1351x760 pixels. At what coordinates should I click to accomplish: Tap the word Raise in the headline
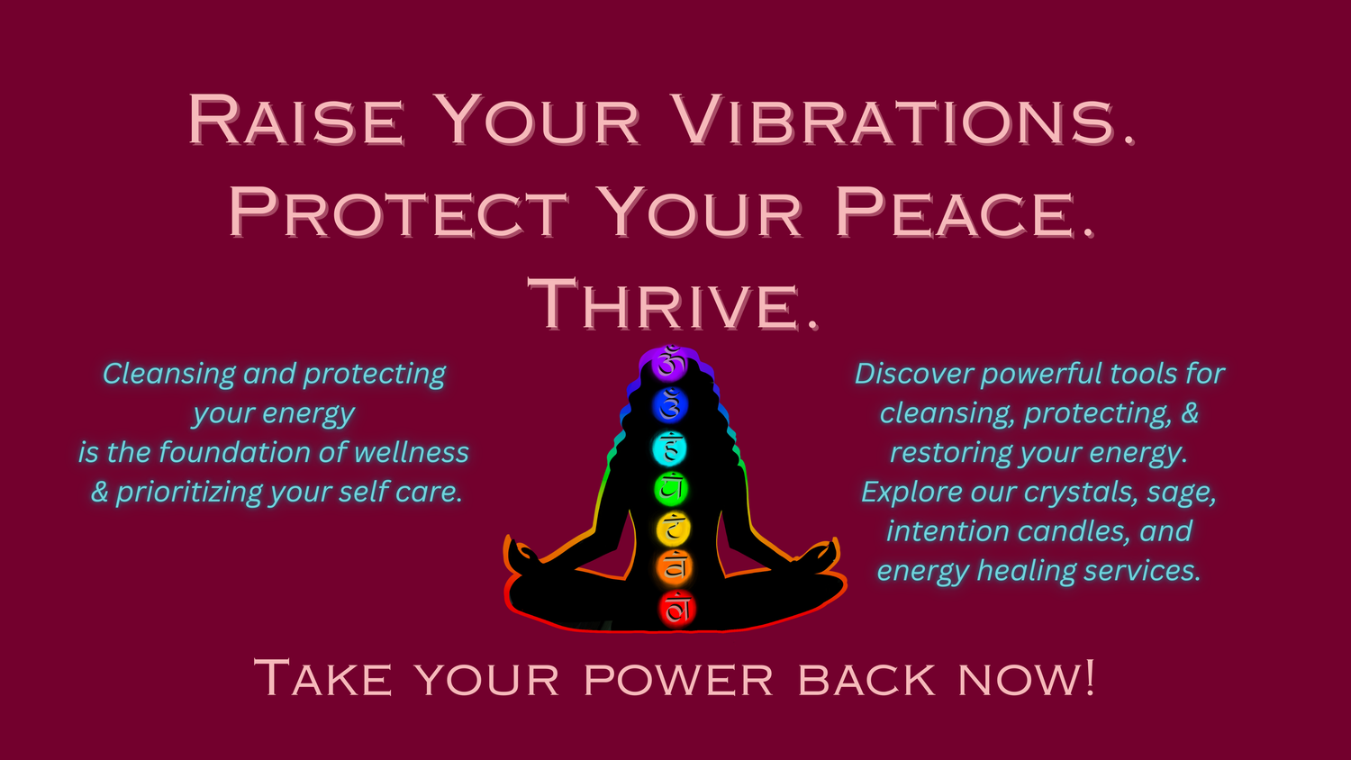295,120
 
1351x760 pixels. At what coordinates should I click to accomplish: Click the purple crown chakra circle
668,364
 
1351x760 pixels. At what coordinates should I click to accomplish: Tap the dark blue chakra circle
669,405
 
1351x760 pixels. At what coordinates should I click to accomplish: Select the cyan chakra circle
670,448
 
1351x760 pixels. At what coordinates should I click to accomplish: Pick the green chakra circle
671,489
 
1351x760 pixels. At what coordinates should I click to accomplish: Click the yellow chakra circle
673,529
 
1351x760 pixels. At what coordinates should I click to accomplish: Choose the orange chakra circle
675,567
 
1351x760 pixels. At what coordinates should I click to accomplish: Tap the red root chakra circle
677,609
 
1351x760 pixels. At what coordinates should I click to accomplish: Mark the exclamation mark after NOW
1089,677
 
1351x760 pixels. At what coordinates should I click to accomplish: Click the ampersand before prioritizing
99,493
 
